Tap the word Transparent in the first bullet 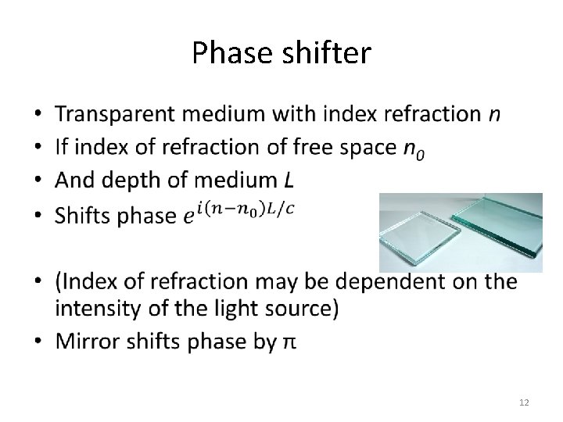tap(116, 114)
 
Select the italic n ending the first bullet tap(494, 115)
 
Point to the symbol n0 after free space tap(414, 148)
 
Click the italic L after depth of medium tap(289, 181)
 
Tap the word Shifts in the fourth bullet tap(84, 215)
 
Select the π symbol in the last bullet tap(289, 342)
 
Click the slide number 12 tap(524, 402)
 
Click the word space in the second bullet tap(367, 148)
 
